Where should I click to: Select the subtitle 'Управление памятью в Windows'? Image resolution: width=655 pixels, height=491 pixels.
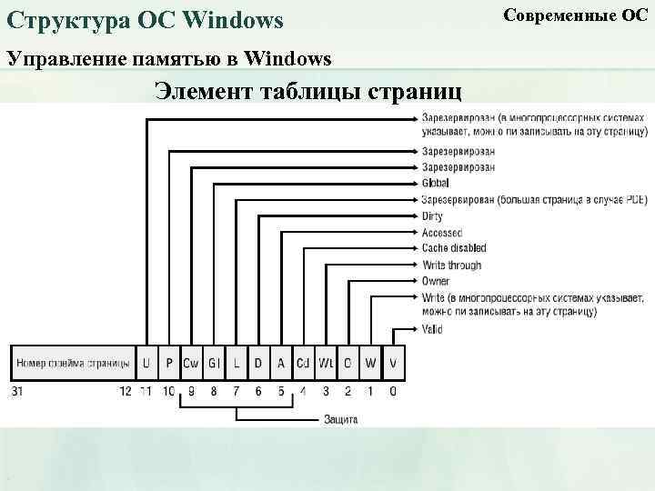click(x=169, y=59)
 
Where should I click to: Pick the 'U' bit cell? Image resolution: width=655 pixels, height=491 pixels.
click(x=146, y=364)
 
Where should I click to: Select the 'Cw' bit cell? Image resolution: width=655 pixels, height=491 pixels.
click(x=191, y=364)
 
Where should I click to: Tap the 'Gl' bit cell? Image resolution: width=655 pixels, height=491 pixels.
click(x=214, y=364)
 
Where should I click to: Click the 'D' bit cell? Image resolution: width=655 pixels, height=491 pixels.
click(x=258, y=364)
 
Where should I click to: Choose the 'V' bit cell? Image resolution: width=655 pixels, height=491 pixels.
click(x=393, y=364)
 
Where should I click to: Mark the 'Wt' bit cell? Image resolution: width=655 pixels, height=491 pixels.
click(x=326, y=364)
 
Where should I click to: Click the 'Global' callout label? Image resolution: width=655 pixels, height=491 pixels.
click(x=436, y=183)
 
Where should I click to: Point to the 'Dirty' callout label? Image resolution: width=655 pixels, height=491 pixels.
click(x=433, y=216)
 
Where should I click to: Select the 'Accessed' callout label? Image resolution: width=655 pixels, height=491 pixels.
click(x=442, y=233)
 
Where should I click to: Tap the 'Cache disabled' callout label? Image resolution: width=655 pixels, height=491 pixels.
click(x=454, y=248)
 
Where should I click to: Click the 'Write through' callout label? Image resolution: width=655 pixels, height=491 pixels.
click(x=452, y=265)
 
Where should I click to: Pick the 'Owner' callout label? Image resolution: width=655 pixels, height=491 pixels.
click(x=436, y=281)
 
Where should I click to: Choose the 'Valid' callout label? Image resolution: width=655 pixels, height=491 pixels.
click(x=432, y=329)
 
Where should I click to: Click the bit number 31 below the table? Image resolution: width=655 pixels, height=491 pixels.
click(x=18, y=391)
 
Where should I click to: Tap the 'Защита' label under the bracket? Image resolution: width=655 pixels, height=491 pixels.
click(x=341, y=420)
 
